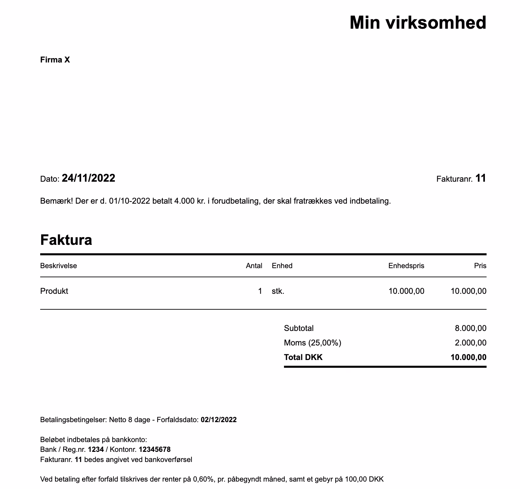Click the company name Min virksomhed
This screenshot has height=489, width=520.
pos(418,23)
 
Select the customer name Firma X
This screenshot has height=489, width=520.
pos(55,60)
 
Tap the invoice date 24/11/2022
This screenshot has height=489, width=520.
pos(88,178)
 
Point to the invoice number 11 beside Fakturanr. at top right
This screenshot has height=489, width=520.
pos(480,178)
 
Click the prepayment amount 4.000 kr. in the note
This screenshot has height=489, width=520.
pos(189,201)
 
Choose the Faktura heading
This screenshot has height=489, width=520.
pos(66,240)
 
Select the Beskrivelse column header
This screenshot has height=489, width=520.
pos(58,266)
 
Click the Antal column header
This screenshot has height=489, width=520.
pos(254,266)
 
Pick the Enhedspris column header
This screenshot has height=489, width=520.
pos(406,266)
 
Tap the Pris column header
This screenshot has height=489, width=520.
pos(480,266)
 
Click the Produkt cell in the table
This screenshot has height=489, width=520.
pos(54,291)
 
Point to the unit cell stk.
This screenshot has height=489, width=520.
pos(278,291)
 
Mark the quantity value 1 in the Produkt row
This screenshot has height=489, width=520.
pos(260,291)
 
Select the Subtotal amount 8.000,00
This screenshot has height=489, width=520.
pos(471,328)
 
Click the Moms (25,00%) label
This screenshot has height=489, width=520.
pos(313,343)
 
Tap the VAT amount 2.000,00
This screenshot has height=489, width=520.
pos(471,343)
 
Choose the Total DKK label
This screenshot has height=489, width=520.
pos(303,357)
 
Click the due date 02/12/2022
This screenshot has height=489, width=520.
pos(218,420)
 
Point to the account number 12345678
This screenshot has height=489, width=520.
pos(155,450)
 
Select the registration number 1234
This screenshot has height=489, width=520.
pos(96,450)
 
